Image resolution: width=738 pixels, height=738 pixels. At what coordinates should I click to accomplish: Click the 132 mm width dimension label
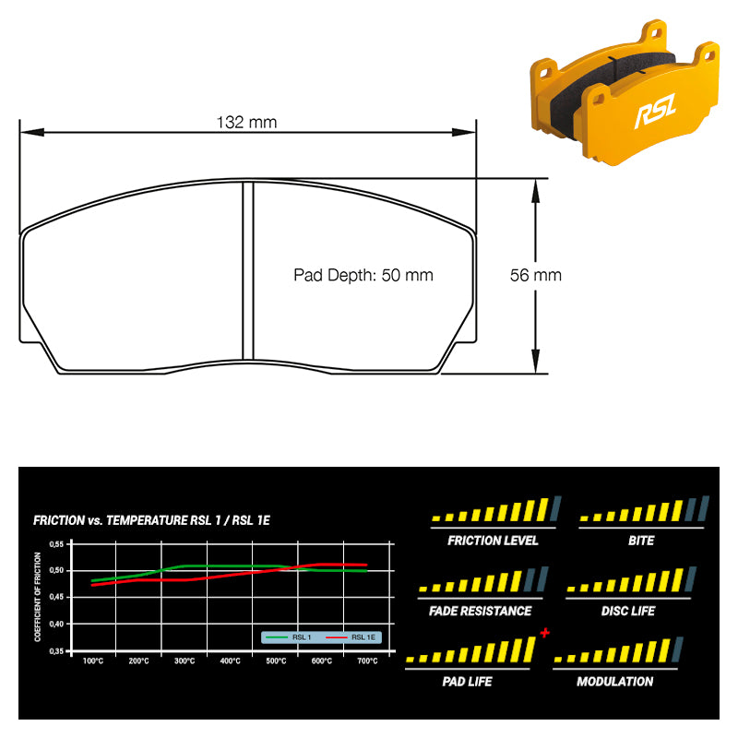pos(246,123)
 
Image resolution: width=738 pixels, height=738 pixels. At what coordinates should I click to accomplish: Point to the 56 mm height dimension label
pos(536,275)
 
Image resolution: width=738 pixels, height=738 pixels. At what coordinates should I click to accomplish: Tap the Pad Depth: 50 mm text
pos(363,275)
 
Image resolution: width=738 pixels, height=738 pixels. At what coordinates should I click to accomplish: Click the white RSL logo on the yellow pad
pos(656,111)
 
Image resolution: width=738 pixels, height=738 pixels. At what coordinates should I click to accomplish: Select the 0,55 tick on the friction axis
pos(56,544)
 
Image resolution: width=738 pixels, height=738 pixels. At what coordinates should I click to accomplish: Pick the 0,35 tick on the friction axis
pos(56,651)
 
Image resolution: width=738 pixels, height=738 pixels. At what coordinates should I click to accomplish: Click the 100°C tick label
pos(93,661)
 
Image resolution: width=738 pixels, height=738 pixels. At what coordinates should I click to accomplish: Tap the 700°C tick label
pos(367,661)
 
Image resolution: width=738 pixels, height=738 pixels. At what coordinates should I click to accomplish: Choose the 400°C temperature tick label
pos(230,661)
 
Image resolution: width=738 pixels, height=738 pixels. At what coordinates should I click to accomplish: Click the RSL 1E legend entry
pos(351,637)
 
